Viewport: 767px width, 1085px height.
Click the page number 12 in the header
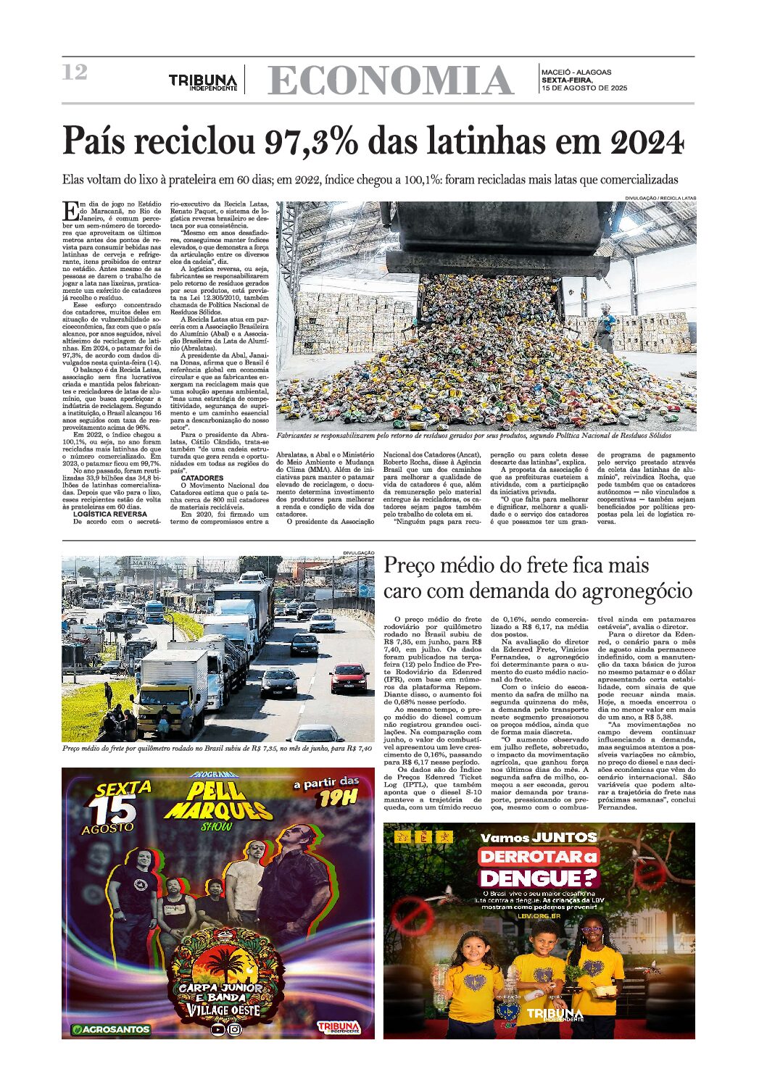[75, 72]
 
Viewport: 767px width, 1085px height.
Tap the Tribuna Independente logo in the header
[203, 81]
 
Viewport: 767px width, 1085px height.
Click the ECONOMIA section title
[390, 80]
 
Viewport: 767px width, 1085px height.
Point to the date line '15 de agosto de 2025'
[584, 88]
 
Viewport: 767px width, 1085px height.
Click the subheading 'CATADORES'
[202, 478]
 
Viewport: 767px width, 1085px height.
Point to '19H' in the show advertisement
[338, 798]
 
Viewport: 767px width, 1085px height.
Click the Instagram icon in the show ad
[235, 1028]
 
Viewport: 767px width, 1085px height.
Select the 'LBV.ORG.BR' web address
[538, 915]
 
